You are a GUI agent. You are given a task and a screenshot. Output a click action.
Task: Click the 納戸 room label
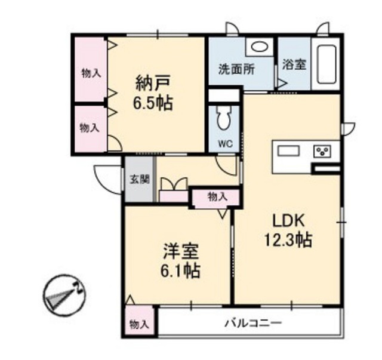pyautogui.click(x=153, y=84)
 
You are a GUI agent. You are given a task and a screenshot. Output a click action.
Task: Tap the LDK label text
pyautogui.click(x=288, y=221)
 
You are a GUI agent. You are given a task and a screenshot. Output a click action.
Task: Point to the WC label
pyautogui.click(x=226, y=144)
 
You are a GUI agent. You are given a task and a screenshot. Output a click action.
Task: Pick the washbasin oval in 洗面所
pyautogui.click(x=258, y=47)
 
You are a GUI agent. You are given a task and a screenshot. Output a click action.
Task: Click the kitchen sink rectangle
pyautogui.click(x=289, y=150)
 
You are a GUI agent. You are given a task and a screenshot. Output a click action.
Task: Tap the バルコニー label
pyautogui.click(x=253, y=323)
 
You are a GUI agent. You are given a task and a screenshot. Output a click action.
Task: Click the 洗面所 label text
pyautogui.click(x=236, y=69)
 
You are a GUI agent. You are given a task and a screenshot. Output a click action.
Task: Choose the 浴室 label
pyautogui.click(x=294, y=64)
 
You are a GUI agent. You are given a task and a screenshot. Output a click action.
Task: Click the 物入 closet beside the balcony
pyautogui.click(x=139, y=321)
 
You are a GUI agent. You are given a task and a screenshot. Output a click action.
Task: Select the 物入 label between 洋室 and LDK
pyautogui.click(x=217, y=196)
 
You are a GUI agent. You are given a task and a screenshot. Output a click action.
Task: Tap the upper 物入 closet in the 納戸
pyautogui.click(x=90, y=69)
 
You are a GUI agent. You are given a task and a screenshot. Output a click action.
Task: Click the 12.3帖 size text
pyautogui.click(x=288, y=241)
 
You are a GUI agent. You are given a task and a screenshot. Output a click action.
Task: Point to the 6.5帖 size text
pyautogui.click(x=153, y=104)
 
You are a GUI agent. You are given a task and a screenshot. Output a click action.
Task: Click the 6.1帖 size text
pyautogui.click(x=180, y=270)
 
